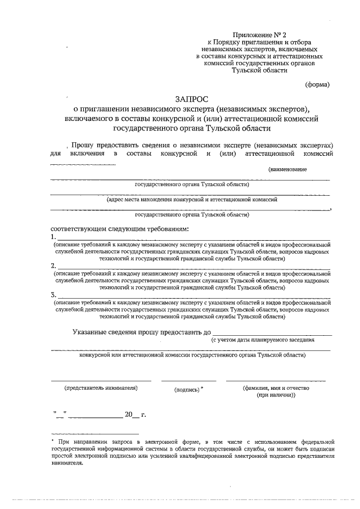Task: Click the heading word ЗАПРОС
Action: pos(191,98)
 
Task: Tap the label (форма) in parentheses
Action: pos(317,85)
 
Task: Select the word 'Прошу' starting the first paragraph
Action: pos(83,144)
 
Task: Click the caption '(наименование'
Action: pos(287,169)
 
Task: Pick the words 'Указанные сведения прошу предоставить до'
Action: pos(142,332)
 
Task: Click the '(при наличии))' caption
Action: pos(276,395)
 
